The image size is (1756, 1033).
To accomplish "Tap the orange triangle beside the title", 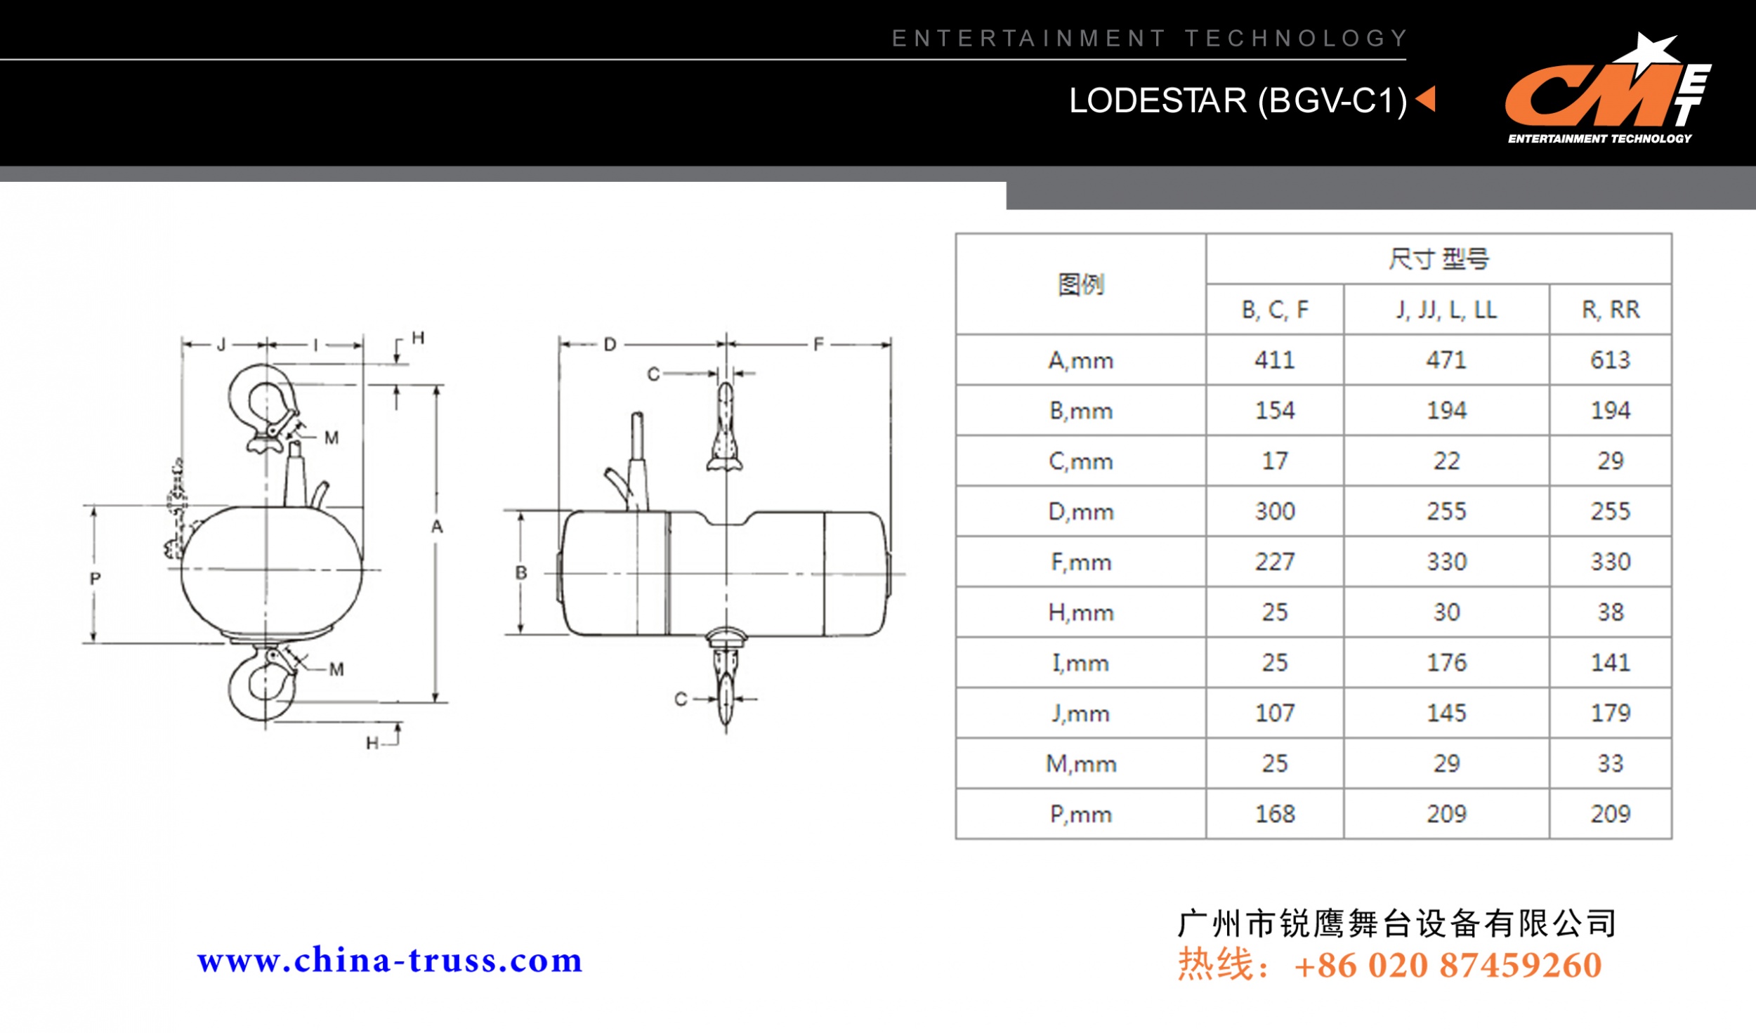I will tap(1426, 99).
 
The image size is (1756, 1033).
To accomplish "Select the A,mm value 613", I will tap(1610, 360).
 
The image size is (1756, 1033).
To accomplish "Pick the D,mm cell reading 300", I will tap(1275, 511).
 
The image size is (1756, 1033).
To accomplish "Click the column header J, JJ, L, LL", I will tap(1446, 310).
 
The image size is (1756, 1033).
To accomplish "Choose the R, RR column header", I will tap(1610, 310).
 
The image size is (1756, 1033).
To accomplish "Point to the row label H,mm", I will tap(1080, 612).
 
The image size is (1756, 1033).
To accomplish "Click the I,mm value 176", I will tap(1446, 663).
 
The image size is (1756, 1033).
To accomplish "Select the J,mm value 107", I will tap(1275, 713).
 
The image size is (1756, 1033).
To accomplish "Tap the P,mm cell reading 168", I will tap(1275, 814).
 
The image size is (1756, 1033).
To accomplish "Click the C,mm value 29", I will tap(1610, 461).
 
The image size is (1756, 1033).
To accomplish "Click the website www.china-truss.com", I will tap(390, 961).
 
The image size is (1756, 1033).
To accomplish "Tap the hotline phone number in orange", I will tap(1447, 965).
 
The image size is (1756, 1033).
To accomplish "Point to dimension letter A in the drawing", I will tap(437, 527).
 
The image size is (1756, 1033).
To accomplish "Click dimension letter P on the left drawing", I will tap(96, 579).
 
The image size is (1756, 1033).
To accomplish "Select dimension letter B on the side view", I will tap(521, 572).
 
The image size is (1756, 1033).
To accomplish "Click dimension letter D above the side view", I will tap(610, 345).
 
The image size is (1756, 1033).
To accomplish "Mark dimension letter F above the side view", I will tap(818, 345).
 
